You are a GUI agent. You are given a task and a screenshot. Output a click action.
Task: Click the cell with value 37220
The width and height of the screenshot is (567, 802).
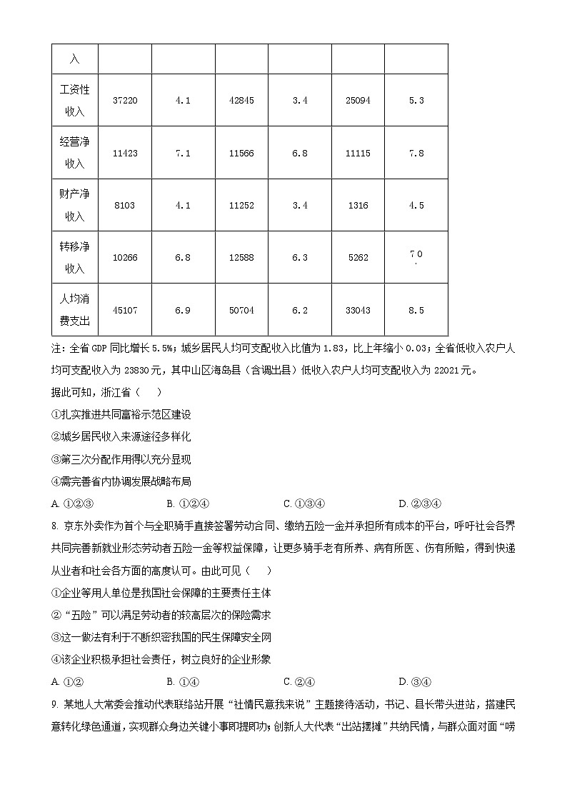[125, 101]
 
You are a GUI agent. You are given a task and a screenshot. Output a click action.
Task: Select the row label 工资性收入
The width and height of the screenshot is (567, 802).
[75, 101]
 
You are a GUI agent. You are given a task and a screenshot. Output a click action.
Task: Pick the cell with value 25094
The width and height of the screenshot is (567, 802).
[358, 101]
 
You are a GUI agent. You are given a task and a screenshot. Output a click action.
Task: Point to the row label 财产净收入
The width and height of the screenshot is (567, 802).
[75, 205]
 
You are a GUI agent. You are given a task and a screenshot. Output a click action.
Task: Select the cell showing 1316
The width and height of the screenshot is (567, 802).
[358, 206]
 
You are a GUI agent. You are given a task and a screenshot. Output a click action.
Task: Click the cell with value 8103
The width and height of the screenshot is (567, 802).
[125, 206]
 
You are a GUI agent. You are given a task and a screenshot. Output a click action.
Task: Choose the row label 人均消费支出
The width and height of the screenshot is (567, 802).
[75, 310]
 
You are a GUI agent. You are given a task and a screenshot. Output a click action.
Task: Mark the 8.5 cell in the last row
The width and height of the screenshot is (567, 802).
[416, 311]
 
